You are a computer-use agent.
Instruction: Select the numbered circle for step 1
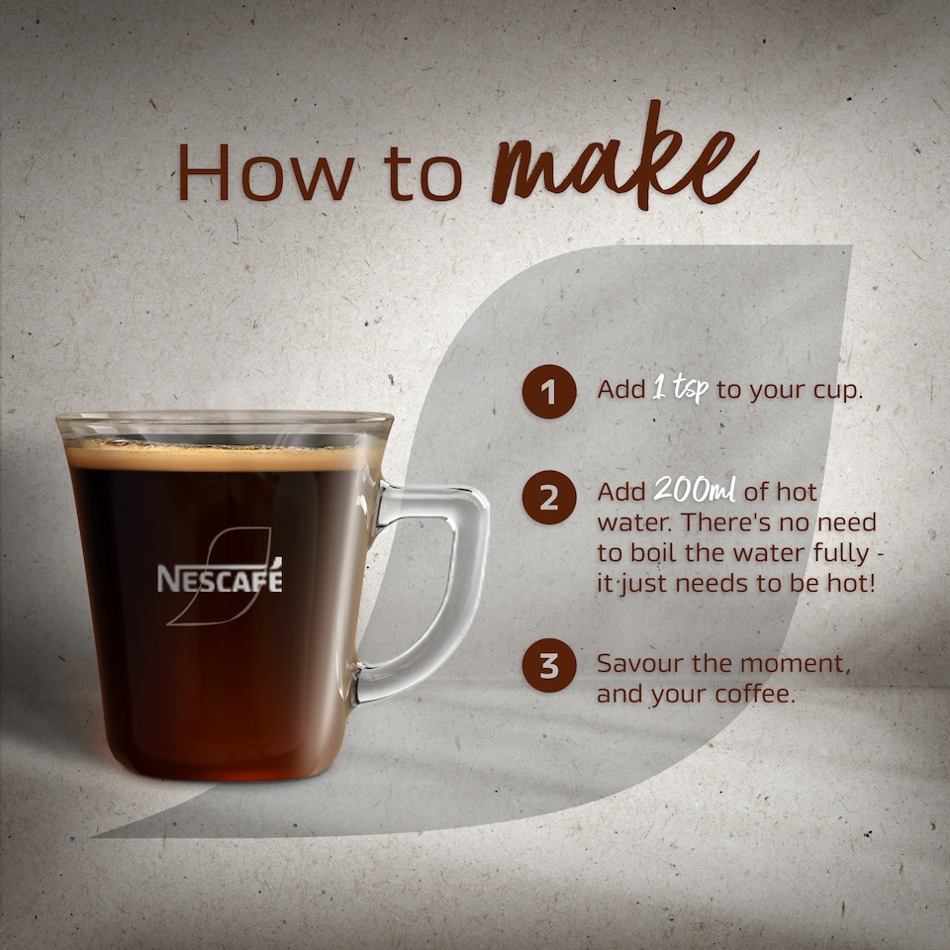point(549,391)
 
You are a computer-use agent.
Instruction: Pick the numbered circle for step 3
point(549,666)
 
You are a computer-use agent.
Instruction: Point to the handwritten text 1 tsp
point(680,389)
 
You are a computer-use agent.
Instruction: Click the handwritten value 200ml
point(694,491)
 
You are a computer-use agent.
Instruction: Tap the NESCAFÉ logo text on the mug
point(220,578)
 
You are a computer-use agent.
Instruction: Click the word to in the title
point(425,172)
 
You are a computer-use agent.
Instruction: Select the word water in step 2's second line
point(628,522)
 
